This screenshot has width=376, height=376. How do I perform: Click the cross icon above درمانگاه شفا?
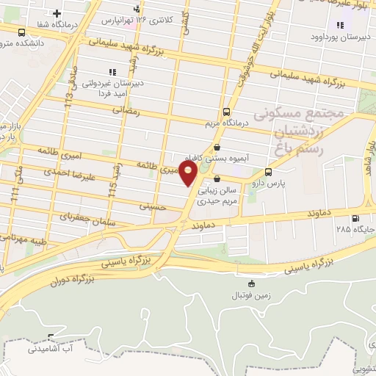point(57,12)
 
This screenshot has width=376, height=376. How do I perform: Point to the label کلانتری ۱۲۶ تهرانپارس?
point(148,19)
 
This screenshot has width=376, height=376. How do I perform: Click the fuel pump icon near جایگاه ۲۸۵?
point(356,218)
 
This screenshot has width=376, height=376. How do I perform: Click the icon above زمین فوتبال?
point(252,283)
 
